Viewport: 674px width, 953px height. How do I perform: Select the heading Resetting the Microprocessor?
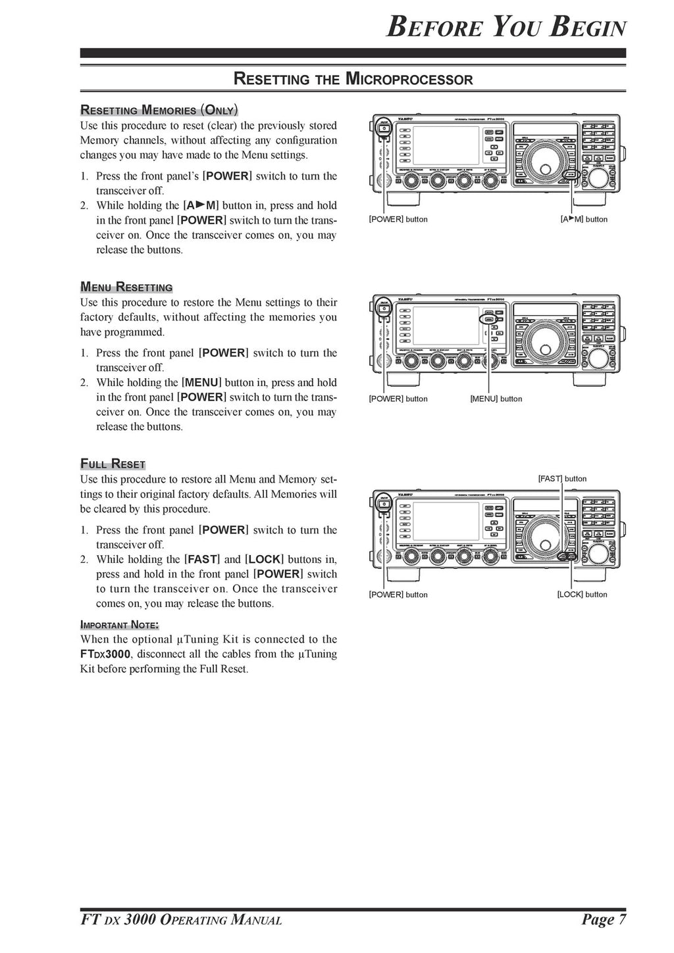(x=353, y=80)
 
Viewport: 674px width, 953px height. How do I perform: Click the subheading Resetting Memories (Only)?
(x=159, y=110)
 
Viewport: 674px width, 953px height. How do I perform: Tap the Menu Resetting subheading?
(x=126, y=287)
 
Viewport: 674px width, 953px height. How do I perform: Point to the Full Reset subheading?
(x=113, y=464)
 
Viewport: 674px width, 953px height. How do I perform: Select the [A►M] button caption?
(x=584, y=220)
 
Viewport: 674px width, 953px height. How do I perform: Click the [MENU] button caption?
(x=496, y=399)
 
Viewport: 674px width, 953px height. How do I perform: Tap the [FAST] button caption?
(x=562, y=479)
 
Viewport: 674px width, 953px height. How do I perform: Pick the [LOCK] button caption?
(x=582, y=595)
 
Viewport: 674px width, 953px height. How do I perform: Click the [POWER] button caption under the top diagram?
(x=398, y=220)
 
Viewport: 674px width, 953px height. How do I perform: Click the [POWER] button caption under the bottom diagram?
(x=398, y=595)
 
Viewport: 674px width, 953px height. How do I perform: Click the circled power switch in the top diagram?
(x=382, y=128)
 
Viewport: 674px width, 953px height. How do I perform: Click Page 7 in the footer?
(x=604, y=919)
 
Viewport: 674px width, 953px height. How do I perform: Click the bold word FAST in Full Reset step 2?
(x=202, y=560)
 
